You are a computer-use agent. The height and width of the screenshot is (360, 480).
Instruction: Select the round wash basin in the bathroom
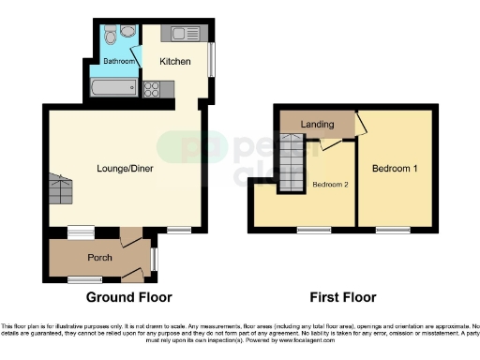point(129,32)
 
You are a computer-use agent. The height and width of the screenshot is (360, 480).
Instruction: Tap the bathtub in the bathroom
point(112,90)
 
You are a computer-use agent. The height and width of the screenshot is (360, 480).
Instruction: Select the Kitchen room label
point(174,62)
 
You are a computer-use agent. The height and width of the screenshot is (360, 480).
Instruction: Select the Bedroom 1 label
point(394,169)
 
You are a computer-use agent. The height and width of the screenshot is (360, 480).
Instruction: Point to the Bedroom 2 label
point(331,185)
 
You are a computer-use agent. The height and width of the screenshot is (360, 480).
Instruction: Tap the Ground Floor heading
point(129,298)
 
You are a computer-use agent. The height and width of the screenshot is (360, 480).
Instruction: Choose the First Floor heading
point(343,298)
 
